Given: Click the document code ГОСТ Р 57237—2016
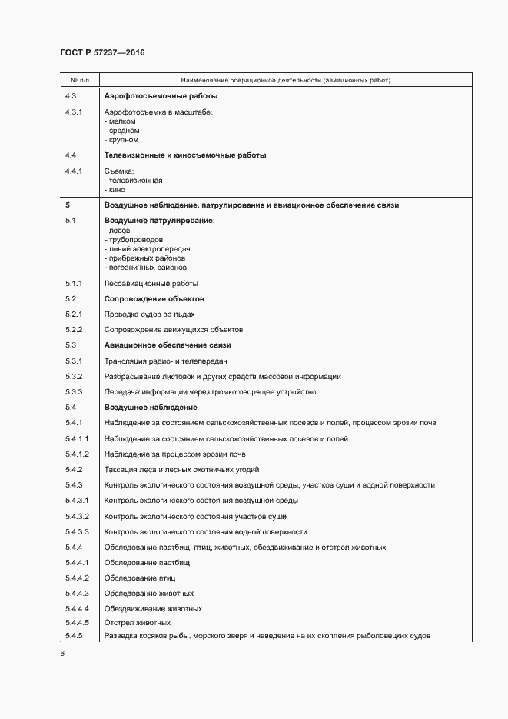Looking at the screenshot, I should (x=102, y=52).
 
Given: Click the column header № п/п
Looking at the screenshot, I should (x=80, y=80).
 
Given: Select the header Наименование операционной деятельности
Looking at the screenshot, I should (x=285, y=80).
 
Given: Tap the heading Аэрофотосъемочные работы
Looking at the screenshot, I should (x=161, y=96).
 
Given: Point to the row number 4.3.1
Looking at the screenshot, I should (x=75, y=112).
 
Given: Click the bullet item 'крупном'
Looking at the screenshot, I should (x=122, y=140).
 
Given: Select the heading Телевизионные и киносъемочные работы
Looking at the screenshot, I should (x=184, y=155).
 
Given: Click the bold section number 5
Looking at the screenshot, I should (x=68, y=205).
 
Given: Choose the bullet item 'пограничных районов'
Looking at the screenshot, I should (x=146, y=268).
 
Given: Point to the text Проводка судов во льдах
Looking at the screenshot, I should (x=149, y=314).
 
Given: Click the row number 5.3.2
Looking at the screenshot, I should (x=75, y=376).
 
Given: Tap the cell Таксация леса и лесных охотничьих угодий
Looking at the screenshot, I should (x=181, y=469).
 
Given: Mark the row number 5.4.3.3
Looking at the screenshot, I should (x=78, y=531).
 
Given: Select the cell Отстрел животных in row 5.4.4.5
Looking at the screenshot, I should (x=137, y=622).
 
